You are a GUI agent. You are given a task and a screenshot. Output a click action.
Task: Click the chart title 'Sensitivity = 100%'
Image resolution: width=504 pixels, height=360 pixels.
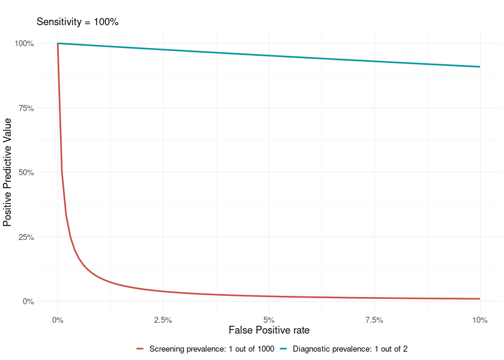coord(78,22)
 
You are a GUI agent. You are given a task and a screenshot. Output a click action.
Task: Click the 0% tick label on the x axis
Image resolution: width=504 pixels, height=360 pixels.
coord(58,319)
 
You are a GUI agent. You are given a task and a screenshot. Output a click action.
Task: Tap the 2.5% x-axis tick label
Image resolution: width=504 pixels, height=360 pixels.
coord(163,319)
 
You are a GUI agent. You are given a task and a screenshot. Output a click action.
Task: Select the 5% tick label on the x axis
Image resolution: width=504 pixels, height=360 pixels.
coord(269,319)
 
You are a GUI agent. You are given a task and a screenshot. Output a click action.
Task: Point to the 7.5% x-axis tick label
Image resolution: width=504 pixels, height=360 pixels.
coord(374,319)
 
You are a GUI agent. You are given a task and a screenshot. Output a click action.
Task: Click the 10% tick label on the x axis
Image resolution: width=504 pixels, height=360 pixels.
coord(480,319)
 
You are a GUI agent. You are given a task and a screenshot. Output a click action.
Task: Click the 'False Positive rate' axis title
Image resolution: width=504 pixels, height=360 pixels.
coord(269,330)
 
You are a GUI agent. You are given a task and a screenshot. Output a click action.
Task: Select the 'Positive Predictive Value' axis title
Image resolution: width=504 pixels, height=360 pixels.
coord(8,173)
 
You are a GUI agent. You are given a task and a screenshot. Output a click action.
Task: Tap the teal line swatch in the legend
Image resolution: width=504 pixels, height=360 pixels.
coord(284,349)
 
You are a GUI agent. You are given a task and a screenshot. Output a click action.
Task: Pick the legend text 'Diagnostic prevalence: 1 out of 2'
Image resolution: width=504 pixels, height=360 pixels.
coord(350,349)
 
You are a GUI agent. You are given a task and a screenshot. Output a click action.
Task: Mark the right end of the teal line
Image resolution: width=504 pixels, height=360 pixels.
coord(480,67)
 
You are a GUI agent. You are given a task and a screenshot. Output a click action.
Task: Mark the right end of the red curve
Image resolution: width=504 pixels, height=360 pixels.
coord(480,299)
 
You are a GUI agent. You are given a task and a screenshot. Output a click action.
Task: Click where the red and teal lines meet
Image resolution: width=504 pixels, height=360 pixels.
coord(58,43)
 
